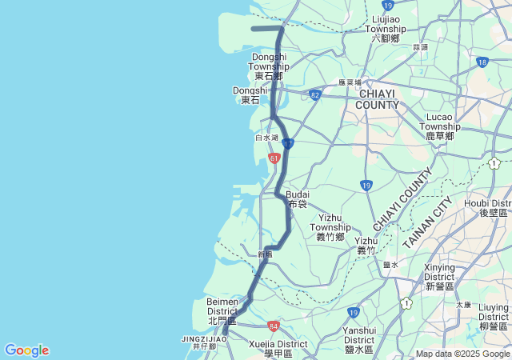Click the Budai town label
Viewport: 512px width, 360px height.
tap(298, 198)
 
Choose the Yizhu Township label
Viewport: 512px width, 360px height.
tap(330, 226)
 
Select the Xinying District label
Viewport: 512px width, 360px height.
tap(440, 276)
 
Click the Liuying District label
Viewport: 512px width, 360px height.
tap(494, 317)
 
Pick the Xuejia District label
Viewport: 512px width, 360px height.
tap(278, 348)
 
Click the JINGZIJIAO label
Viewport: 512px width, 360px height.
tap(204, 339)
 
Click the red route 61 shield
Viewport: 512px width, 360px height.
tap(274, 158)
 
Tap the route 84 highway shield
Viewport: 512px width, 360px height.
tap(274, 326)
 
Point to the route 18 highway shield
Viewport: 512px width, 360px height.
tap(482, 62)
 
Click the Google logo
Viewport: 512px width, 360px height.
tap(26, 350)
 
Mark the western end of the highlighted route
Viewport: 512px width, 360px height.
tap(253, 29)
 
